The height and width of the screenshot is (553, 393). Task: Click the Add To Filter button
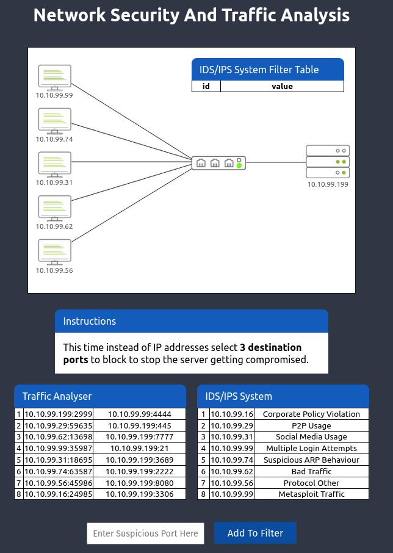coord(255,533)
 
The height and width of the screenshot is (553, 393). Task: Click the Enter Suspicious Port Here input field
coord(145,533)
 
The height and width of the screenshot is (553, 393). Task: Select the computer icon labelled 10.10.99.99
coord(54,77)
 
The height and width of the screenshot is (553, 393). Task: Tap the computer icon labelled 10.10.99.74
coord(54,120)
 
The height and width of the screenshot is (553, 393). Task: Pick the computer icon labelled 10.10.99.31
coord(54,164)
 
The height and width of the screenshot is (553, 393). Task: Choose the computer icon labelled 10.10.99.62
coord(54,208)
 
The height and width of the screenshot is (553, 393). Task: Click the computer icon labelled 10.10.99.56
coord(54,251)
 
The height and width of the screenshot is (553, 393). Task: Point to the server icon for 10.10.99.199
coord(328,161)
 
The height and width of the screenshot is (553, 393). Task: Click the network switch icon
coord(218,162)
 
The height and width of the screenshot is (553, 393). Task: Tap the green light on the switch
coord(239,165)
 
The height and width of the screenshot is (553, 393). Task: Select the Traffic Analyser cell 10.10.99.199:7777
coord(140,437)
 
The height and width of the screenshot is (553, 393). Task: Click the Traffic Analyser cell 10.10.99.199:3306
coord(140,494)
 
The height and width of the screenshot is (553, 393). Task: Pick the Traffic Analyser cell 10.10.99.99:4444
coord(140,414)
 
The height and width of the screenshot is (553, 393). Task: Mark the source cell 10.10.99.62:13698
coord(58,437)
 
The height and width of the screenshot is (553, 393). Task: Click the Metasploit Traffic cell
coord(311,494)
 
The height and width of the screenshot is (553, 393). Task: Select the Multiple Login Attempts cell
coord(311,449)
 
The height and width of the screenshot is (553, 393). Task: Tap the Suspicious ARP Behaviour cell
coord(311,460)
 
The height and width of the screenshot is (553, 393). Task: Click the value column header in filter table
coord(282,87)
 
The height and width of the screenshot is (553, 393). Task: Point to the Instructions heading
coord(90,321)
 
